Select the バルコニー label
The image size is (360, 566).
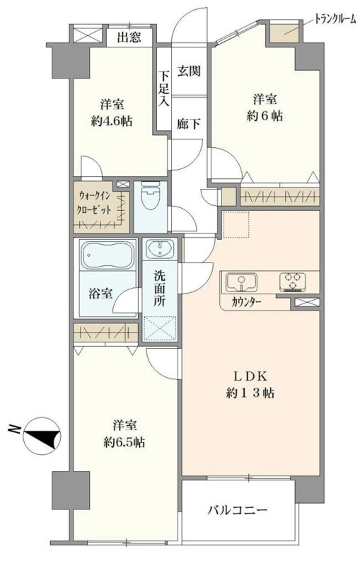click(x=237, y=509)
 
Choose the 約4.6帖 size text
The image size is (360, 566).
click(x=107, y=120)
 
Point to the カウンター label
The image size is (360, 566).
click(x=246, y=302)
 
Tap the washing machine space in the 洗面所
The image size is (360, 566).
click(x=162, y=326)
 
